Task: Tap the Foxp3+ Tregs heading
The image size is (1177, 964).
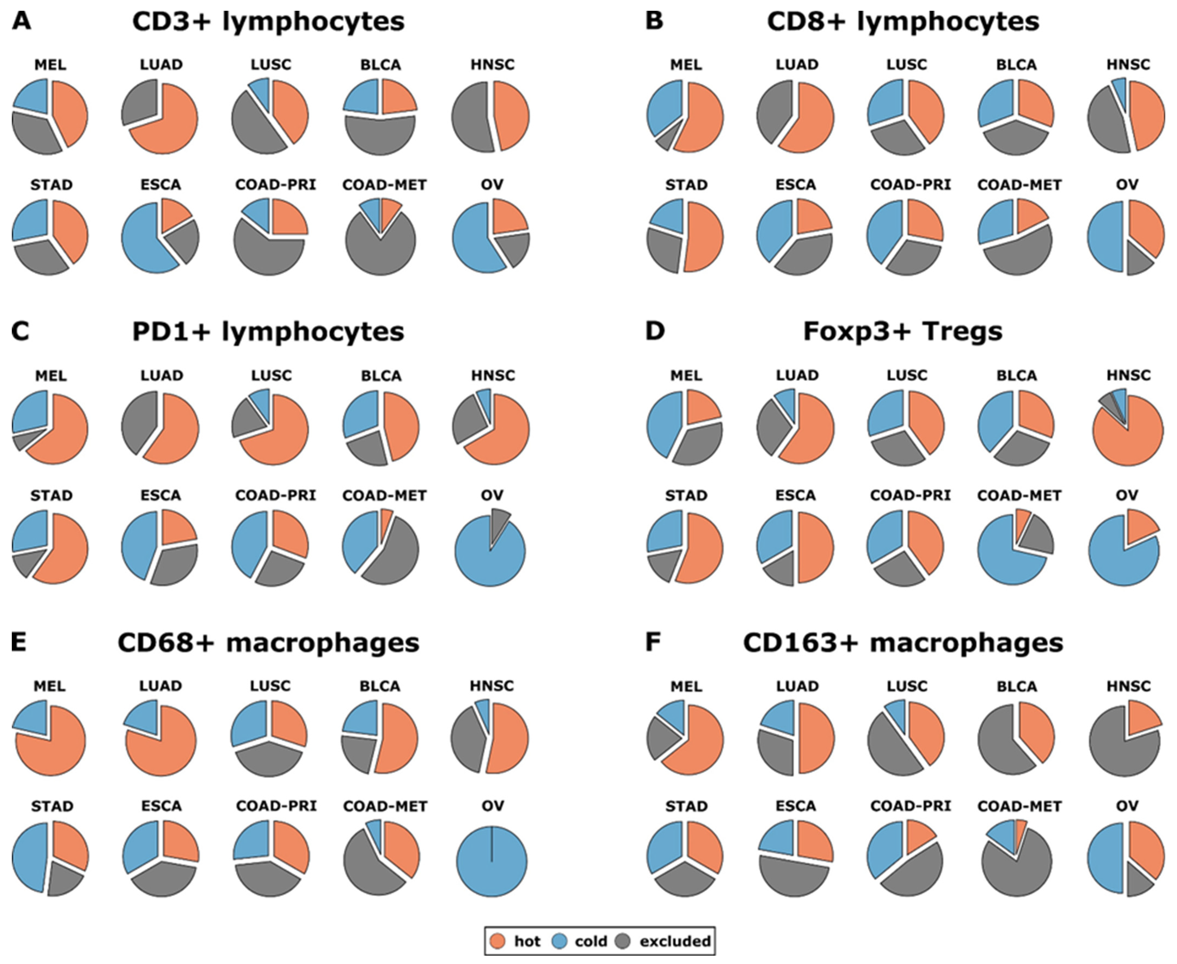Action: click(903, 332)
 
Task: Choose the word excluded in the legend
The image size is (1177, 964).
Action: click(675, 941)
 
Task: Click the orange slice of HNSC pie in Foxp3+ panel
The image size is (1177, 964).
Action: click(1127, 439)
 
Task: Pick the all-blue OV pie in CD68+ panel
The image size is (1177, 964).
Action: click(491, 861)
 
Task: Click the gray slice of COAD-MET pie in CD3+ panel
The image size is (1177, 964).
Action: click(380, 250)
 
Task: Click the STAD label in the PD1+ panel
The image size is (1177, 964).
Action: click(51, 495)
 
